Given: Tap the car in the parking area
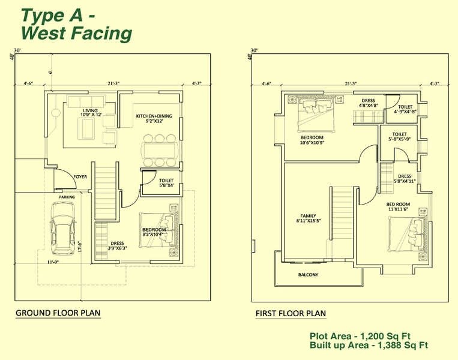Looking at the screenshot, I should tap(62, 227).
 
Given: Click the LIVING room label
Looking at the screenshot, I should tap(91, 113).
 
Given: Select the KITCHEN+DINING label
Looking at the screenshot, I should tap(149, 118).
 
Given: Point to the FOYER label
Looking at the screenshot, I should tap(80, 177).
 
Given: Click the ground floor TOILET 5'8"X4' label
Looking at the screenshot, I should tap(166, 182).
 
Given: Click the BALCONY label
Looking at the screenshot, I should tap(309, 275).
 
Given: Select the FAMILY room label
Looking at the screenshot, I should tap(309, 218).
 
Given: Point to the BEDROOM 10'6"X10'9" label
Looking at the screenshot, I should tap(312, 140).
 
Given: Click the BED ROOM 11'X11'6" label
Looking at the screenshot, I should tap(398, 206).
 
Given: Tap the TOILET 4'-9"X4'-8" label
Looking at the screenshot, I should tap(405, 109).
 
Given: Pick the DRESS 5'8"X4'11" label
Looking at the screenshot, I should tap(405, 179).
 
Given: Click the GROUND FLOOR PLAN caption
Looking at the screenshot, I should tap(58, 313).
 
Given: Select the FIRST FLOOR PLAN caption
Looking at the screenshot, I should tap(291, 313).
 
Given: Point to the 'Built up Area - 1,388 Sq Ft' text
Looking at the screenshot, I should tap(369, 345).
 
